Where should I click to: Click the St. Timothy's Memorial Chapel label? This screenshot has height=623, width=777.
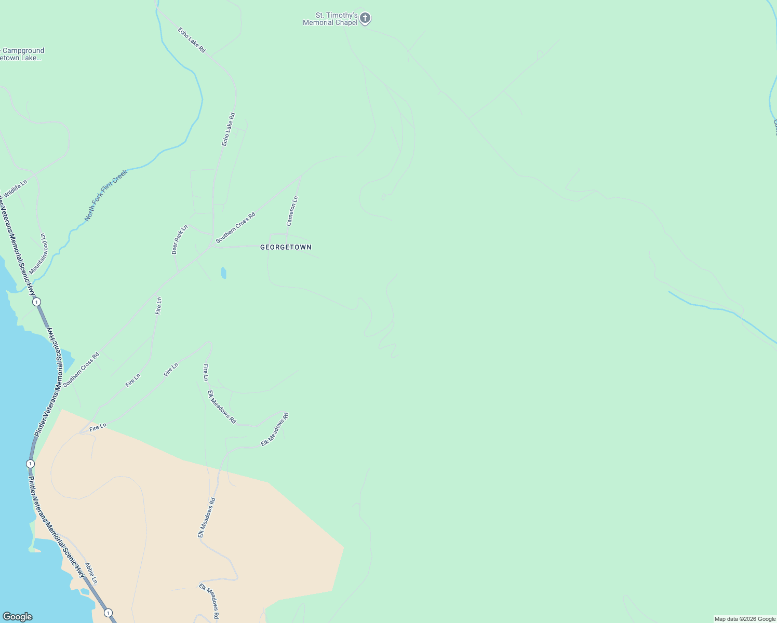point(331,19)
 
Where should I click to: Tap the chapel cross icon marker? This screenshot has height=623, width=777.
point(365,18)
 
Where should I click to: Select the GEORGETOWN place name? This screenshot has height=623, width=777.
point(286,247)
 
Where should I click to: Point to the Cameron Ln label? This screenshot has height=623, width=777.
point(292,211)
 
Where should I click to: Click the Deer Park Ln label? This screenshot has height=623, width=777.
point(180,239)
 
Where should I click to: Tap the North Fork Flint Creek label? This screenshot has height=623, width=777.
point(106,195)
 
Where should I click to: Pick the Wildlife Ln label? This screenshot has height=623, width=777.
point(16,188)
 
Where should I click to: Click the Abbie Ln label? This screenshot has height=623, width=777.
point(91,573)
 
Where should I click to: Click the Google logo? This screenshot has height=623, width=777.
point(17,617)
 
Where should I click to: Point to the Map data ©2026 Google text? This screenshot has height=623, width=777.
point(745,619)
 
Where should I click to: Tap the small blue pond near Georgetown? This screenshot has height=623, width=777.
point(223,273)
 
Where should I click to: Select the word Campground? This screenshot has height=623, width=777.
point(23,50)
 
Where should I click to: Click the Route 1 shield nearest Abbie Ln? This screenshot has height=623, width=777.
point(108,613)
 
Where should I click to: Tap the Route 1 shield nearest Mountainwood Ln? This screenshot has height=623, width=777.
point(36,302)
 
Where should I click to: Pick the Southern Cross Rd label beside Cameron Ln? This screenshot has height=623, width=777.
point(236,227)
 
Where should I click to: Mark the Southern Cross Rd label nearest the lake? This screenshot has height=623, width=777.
point(81,370)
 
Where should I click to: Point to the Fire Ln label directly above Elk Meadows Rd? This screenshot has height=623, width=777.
point(206,372)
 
